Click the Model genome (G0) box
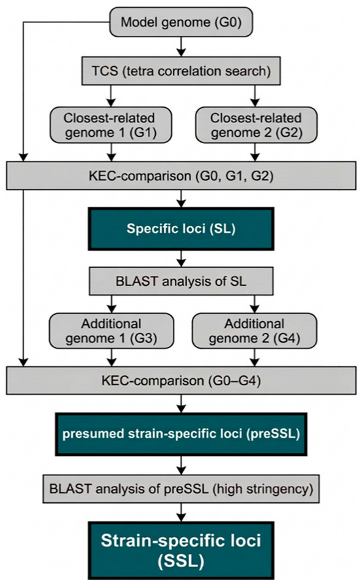pos(181,22)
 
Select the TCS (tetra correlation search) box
pos(181,71)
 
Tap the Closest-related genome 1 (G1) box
pos(111,125)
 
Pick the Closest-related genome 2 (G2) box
pos(256,125)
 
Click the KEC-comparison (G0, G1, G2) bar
pos(181,175)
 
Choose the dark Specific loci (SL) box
pos(181,229)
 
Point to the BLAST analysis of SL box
pos(181,281)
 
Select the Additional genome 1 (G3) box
pos(111,331)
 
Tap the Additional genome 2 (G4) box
pos(255,331)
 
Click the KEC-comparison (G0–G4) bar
pos(181,381)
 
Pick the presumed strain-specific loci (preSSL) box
pos(181,434)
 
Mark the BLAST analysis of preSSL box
pos(181,489)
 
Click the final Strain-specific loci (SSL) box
pos(181,551)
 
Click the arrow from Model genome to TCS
pos(181,46)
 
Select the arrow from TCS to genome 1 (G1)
pos(111,96)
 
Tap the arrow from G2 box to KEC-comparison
pos(255,152)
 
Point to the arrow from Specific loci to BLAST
pos(181,258)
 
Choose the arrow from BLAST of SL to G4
pos(255,303)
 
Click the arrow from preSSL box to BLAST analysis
pos(181,466)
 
